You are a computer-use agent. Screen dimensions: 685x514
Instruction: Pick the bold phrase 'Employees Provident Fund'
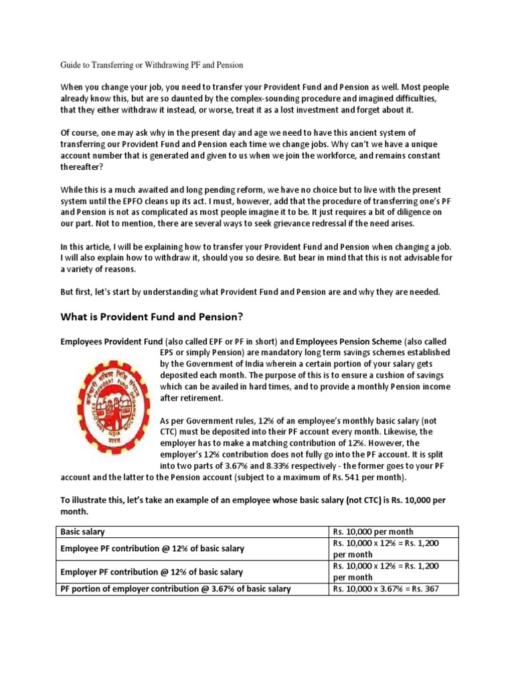[x=115, y=341]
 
